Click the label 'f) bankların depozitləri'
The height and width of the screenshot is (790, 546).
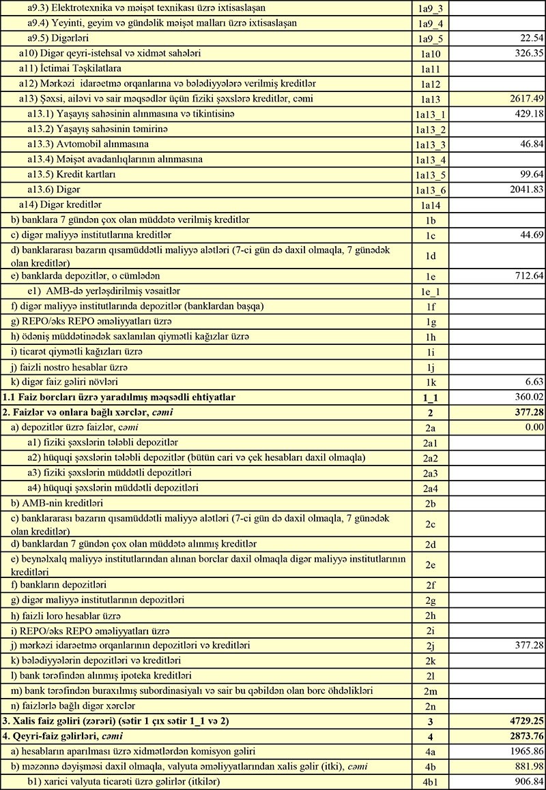[x=59, y=584]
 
